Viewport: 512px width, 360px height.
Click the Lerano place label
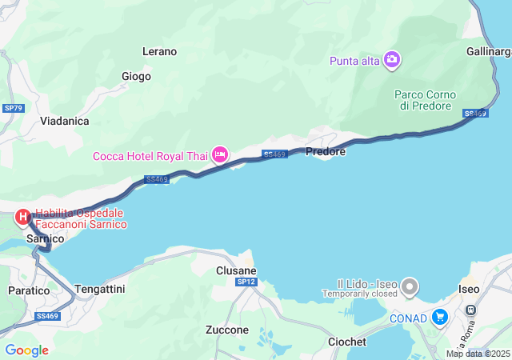[x=159, y=51]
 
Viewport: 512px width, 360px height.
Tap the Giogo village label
[x=136, y=77]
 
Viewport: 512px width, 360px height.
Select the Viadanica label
[x=65, y=121]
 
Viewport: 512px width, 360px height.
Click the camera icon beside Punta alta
[x=392, y=59]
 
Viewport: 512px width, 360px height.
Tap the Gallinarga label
[x=488, y=52]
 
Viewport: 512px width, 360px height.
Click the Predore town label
[x=326, y=151]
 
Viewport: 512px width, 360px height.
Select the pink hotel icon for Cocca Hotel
[x=220, y=154]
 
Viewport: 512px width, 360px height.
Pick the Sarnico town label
[x=45, y=238]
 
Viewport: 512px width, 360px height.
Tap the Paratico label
[x=29, y=290]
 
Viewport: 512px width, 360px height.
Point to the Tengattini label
[x=99, y=289]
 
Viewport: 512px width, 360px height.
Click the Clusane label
[x=236, y=270]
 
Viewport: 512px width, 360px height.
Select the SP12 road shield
[x=246, y=282]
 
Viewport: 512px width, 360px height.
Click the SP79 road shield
[x=12, y=108]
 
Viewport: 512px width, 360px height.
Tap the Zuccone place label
[x=226, y=330]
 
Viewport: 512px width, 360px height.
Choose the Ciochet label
[x=347, y=342]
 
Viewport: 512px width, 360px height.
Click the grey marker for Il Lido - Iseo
[x=410, y=285]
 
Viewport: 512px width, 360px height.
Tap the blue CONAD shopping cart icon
[x=438, y=317]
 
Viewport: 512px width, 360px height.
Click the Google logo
[x=26, y=350]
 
